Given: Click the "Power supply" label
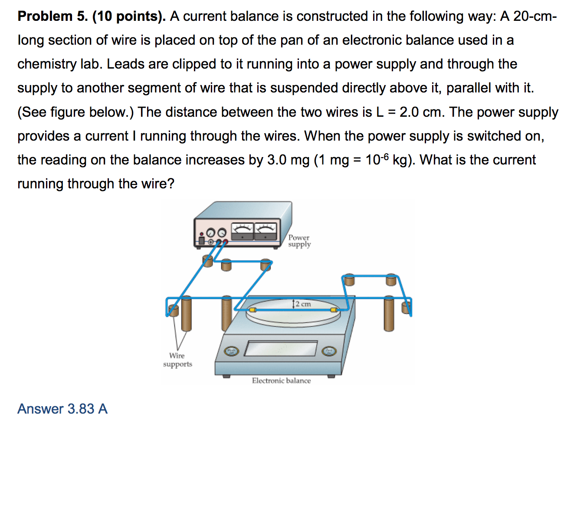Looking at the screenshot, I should [299, 241].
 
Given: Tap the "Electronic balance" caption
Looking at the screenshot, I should [281, 381].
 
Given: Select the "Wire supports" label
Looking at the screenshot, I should [177, 360].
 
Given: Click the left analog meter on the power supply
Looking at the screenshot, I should [242, 231].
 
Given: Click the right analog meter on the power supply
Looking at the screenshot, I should [266, 231].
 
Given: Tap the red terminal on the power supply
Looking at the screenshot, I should [225, 241].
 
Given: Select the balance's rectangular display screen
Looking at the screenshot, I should [281, 348].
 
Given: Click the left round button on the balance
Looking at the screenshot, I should [231, 351].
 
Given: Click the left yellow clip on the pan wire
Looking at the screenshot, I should [252, 310].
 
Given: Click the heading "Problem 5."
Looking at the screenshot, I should [52, 16].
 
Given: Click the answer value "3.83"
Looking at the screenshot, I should [81, 409].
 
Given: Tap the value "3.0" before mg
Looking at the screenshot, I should [277, 160].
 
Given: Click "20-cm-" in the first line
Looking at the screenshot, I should [535, 16].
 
